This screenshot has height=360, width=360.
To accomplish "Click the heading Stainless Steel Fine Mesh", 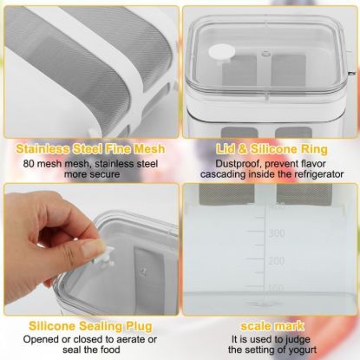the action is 90,149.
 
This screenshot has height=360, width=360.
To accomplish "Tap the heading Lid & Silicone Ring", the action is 272,149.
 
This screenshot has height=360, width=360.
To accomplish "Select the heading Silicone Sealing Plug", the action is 90,326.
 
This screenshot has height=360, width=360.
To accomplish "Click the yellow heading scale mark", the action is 272,326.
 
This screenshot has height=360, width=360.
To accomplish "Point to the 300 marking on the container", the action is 277,233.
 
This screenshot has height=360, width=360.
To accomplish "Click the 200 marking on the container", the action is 277,261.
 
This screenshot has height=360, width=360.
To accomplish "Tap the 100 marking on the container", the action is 277,288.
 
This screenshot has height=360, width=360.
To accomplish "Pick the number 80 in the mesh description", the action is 29,164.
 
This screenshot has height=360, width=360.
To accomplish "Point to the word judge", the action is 298,339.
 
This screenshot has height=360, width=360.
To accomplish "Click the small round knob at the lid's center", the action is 265,54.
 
